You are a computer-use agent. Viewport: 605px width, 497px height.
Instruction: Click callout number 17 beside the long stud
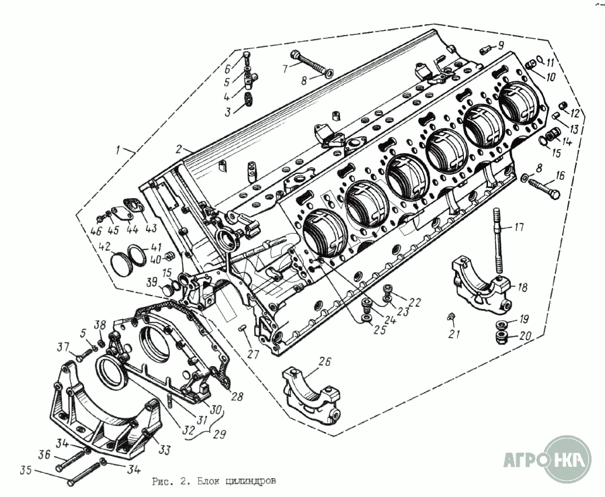[x=520, y=227]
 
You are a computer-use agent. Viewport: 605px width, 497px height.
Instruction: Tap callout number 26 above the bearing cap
[x=325, y=361]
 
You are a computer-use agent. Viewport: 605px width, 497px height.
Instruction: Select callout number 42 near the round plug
[x=105, y=246]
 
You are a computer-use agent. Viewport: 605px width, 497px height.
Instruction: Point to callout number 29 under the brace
[x=219, y=435]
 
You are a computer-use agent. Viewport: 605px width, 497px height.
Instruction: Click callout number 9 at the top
[x=500, y=46]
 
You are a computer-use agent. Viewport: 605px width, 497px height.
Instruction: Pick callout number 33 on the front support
[x=165, y=450]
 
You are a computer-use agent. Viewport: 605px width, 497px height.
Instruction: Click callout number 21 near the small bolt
[x=454, y=334]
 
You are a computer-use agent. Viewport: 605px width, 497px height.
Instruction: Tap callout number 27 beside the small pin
[x=253, y=354]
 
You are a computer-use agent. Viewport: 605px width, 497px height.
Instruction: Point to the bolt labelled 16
[x=543, y=187]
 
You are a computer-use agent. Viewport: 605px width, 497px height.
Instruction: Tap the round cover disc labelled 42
[x=121, y=264]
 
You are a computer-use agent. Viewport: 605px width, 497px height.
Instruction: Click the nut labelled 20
[x=501, y=338]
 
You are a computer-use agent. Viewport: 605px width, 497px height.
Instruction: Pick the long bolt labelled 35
[x=85, y=472]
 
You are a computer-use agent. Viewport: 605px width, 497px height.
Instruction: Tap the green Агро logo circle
[x=570, y=459]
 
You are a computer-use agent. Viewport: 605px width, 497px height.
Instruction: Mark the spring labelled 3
[x=249, y=99]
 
